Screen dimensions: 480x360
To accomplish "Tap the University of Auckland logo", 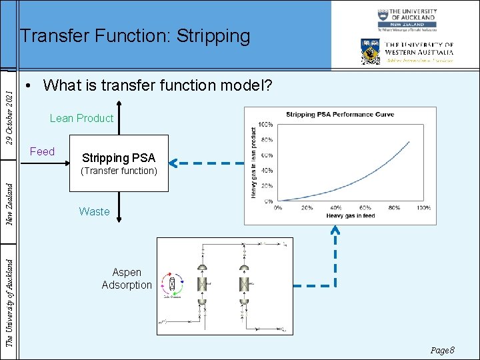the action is coord(407,20).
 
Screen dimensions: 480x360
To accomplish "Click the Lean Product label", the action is coord(81,119).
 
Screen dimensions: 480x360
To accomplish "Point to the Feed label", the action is coord(42,152).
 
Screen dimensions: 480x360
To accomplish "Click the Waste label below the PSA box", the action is coord(94,212).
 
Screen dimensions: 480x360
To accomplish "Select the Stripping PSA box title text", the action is coord(118,158).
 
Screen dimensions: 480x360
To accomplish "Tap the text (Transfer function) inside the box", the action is coord(119,171).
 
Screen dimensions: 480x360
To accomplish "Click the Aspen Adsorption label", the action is coord(127,279).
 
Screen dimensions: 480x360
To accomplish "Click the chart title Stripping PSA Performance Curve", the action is coord(340,115).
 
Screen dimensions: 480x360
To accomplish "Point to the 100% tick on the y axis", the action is coord(265,125).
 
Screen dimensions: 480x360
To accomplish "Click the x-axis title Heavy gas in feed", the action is coord(350,216).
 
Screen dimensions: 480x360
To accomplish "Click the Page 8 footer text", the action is coord(442,350).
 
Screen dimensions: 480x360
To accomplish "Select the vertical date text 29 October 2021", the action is coord(9,110).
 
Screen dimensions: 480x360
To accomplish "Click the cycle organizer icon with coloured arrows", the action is coord(173,285).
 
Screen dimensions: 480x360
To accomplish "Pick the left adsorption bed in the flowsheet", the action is coord(202,283).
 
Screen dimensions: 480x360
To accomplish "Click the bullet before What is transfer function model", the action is coord(29,86).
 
